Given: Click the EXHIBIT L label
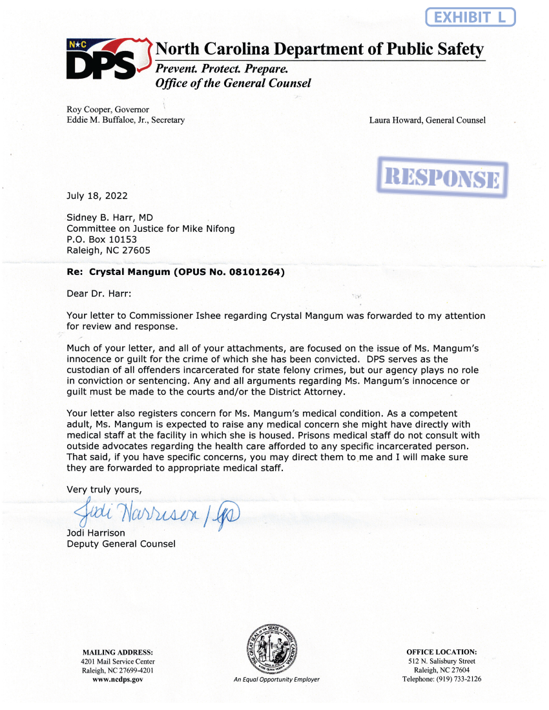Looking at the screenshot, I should pyautogui.click(x=470, y=17).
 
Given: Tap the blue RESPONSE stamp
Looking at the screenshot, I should pyautogui.click(x=442, y=177).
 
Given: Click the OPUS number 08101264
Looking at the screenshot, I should pyautogui.click(x=254, y=272).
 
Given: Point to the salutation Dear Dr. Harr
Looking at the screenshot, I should pyautogui.click(x=99, y=294).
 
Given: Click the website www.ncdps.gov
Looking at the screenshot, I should pyautogui.click(x=118, y=679).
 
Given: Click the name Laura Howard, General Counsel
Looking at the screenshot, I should pyautogui.click(x=427, y=120).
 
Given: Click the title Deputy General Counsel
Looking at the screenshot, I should pyautogui.click(x=121, y=544).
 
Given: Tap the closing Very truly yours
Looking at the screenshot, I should pyautogui.click(x=103, y=489).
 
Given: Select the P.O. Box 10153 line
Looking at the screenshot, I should pyautogui.click(x=102, y=239).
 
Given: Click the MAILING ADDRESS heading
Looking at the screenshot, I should pyautogui.click(x=118, y=652).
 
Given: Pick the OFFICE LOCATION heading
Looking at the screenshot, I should pyautogui.click(x=442, y=652).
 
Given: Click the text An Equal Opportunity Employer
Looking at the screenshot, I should pyautogui.click(x=276, y=679).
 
